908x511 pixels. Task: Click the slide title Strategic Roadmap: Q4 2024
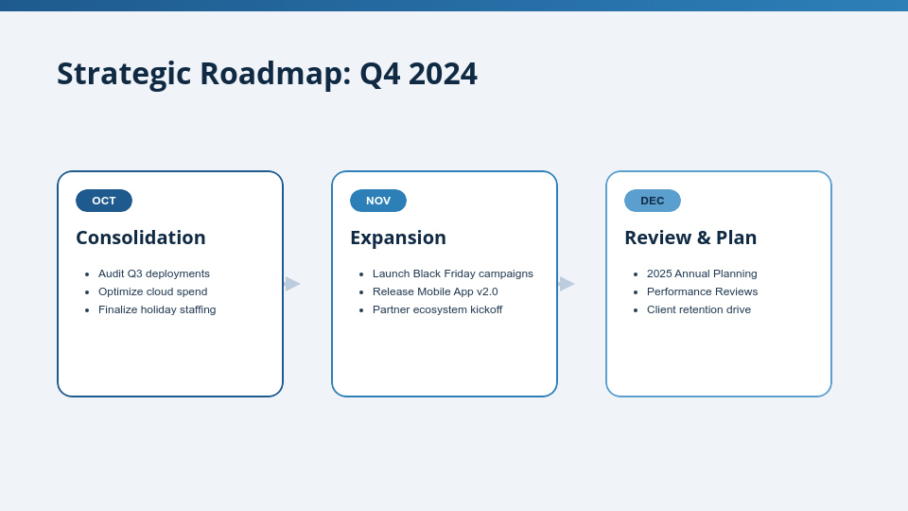[x=267, y=74]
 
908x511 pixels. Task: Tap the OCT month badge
[x=104, y=201]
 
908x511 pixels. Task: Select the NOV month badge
[x=378, y=201]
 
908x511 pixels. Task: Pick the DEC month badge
[x=653, y=201]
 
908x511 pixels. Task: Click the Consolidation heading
[x=141, y=238]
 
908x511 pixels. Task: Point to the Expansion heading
[x=398, y=238]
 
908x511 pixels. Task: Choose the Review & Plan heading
[x=690, y=238]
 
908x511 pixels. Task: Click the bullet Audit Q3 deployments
[x=154, y=273]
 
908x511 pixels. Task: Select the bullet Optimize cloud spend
[x=152, y=291]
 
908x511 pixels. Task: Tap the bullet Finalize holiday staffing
[x=157, y=309]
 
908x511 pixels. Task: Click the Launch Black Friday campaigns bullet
[x=452, y=273]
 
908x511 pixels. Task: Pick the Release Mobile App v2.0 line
[x=435, y=291]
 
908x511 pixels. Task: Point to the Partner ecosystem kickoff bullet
[x=437, y=309]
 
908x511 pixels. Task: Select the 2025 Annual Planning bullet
[x=702, y=273]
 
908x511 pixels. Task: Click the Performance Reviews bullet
[x=702, y=291]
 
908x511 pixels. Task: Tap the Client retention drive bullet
[x=699, y=309]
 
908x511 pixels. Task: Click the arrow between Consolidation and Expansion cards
[x=292, y=284]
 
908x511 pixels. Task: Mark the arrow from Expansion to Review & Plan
[x=567, y=284]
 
